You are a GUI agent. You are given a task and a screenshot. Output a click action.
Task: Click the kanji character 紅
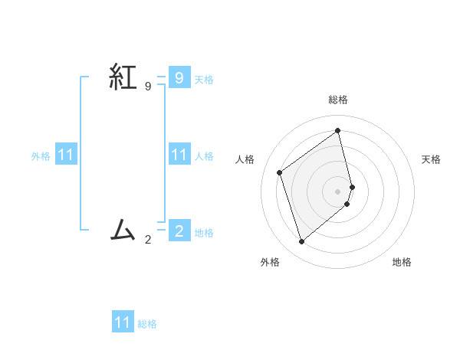[x=123, y=77]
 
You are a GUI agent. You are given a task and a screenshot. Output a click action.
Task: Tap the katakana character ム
[x=123, y=229]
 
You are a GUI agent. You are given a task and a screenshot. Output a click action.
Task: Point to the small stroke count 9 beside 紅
[x=147, y=87]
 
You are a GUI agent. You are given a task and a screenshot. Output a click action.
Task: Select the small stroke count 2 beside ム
[x=147, y=239]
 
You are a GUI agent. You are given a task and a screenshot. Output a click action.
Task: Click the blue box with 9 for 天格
[x=179, y=77]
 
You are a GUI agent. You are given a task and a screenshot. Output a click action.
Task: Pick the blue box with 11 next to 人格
[x=179, y=155]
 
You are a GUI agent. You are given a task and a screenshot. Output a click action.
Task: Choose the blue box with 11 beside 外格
[x=66, y=155]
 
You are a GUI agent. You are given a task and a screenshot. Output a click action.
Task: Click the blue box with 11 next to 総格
[x=123, y=322]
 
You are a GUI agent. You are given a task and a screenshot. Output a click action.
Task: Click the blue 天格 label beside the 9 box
[x=204, y=79]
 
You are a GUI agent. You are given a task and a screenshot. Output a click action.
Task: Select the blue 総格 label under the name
[x=147, y=324]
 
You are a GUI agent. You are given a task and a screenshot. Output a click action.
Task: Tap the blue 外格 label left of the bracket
[x=41, y=156]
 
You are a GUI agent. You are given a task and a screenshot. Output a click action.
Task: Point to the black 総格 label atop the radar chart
[x=338, y=100]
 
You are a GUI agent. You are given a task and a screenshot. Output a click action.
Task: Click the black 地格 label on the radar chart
[x=402, y=262]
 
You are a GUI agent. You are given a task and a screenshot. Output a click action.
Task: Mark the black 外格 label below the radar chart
[x=270, y=262]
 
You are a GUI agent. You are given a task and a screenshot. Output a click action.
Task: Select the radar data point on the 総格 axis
[x=338, y=130]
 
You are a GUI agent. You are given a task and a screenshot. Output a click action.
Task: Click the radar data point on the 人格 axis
[x=280, y=172]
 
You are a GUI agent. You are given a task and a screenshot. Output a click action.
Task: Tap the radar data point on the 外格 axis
[x=301, y=242]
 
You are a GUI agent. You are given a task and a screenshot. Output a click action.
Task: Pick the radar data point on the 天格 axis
[x=352, y=186]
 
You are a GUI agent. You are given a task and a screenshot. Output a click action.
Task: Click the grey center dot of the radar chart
[x=338, y=191]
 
